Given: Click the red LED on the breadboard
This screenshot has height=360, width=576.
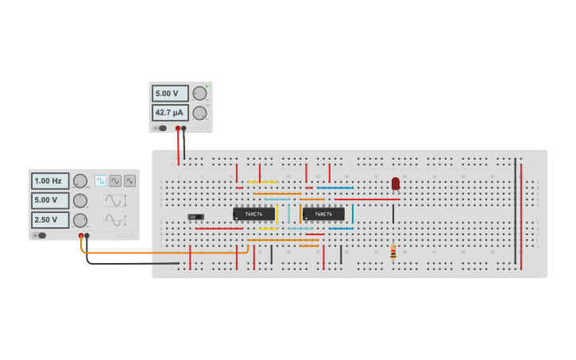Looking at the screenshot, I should tap(396, 184).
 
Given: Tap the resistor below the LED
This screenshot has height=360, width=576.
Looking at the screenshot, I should tap(393, 252).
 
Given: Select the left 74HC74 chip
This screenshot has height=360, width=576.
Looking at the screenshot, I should tap(253, 214).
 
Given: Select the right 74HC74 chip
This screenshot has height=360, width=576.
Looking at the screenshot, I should tap(323, 214).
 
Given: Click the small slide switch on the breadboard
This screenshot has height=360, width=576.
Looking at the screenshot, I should tap(195, 216).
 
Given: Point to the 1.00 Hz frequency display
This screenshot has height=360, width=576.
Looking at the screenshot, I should tap(50, 181).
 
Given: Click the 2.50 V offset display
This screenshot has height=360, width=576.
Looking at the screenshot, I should tap(50, 220).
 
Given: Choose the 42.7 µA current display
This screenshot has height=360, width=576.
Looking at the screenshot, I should tap(170, 113).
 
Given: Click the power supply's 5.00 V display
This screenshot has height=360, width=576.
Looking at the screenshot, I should tap(170, 94).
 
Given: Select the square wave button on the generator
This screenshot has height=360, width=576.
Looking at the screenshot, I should tap(101, 181).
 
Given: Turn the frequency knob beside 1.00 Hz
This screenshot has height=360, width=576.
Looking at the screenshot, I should tap(80, 181).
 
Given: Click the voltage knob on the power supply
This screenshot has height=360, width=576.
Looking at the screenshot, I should tap(200, 94).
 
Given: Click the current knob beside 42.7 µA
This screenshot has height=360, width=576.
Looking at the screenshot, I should tap(200, 113).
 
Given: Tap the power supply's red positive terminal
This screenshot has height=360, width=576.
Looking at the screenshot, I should tap(178, 128).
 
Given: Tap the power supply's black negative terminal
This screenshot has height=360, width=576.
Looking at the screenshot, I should tap(184, 128).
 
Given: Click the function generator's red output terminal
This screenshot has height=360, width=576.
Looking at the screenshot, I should tap(81, 236).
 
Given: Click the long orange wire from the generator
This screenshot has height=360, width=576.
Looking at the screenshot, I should tap(159, 254).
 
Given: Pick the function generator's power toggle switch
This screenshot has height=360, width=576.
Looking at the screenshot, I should tap(40, 235).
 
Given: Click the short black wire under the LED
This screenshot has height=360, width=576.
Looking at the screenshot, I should tap(393, 214).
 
